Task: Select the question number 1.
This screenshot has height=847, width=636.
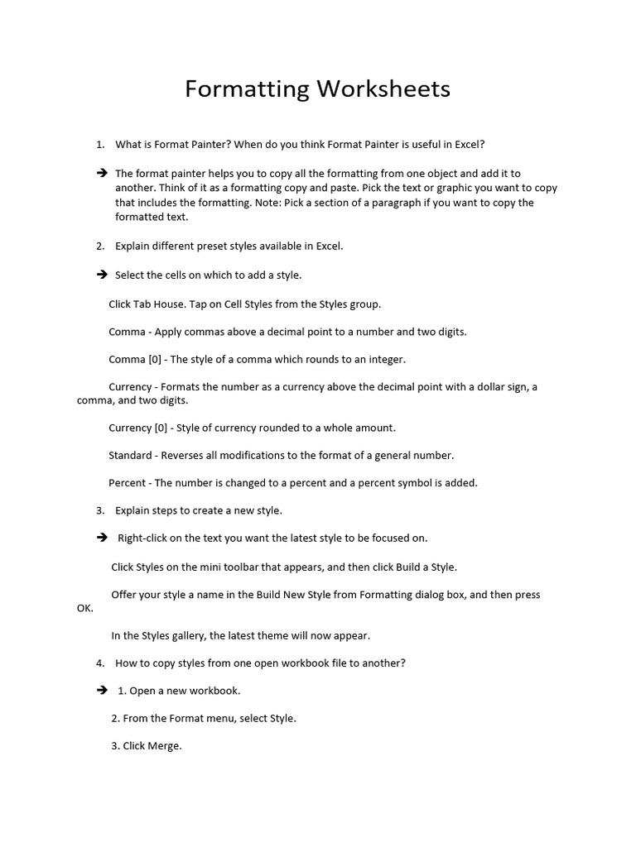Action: (99, 145)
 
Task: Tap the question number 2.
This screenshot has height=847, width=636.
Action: (99, 246)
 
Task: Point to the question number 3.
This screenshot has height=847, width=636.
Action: (99, 510)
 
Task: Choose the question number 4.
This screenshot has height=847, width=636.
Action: (99, 663)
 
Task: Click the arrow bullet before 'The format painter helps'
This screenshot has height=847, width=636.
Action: (102, 174)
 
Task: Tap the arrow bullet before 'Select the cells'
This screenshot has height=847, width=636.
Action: (102, 275)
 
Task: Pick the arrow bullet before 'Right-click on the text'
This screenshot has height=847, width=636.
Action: (102, 538)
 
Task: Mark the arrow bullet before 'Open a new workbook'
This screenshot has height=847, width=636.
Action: (102, 690)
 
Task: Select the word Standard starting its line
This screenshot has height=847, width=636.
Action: (130, 455)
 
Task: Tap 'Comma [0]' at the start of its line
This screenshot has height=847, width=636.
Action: (137, 359)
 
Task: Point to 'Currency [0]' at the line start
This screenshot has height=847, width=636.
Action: (140, 428)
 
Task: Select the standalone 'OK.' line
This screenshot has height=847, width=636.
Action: (85, 608)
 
